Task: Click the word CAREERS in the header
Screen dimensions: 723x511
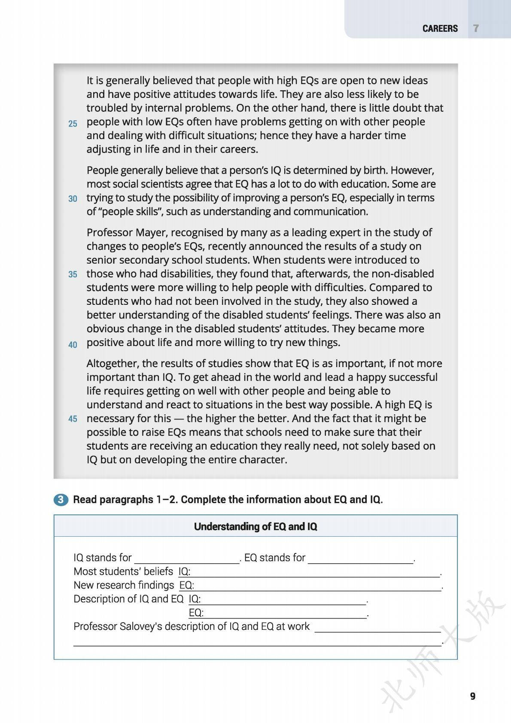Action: coord(440,28)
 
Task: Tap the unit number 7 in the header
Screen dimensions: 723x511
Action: coord(476,28)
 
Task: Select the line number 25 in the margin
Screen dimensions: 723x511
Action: coord(73,124)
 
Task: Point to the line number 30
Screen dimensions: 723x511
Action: coord(73,199)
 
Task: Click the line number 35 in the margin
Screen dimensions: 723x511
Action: coord(73,274)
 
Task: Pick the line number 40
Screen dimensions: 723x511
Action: coord(73,344)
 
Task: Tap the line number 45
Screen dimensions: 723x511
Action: coord(73,419)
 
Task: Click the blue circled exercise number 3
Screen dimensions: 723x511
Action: coord(61,500)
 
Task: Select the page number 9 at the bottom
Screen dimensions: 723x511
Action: coord(472,696)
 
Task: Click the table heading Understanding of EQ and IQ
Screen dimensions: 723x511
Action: coord(255,526)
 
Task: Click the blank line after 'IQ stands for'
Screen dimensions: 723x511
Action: coord(187,559)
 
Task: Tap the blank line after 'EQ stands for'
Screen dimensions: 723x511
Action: coord(360,559)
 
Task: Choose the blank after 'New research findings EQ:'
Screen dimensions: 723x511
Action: coord(318,586)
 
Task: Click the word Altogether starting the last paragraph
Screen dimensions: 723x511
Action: coord(112,364)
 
